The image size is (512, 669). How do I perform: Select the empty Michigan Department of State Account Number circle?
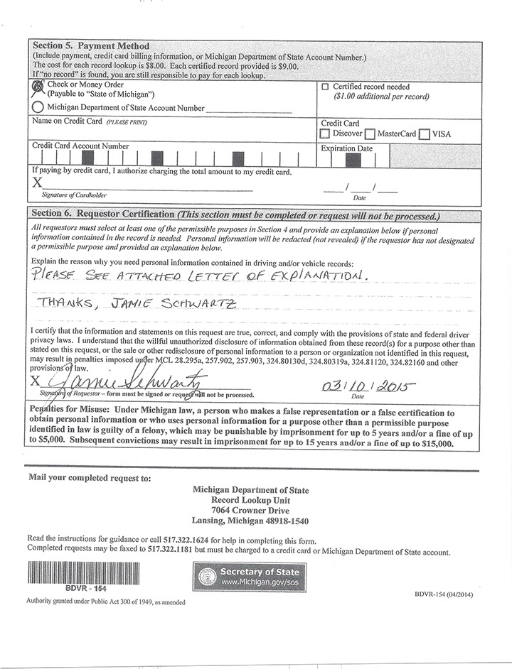(x=38, y=107)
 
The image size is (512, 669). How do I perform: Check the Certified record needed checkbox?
(x=325, y=87)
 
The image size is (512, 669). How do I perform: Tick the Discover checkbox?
(x=325, y=134)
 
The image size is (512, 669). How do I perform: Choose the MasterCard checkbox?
(x=370, y=134)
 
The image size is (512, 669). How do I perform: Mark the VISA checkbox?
(x=424, y=134)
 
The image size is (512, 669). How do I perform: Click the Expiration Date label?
(x=346, y=148)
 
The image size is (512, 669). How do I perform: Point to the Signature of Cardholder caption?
(x=74, y=195)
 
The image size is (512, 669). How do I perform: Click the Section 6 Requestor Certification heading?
(x=102, y=214)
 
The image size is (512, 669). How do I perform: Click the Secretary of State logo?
(x=250, y=576)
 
